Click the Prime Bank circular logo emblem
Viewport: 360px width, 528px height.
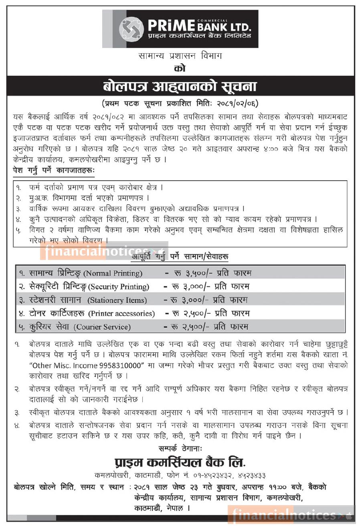coord(131,29)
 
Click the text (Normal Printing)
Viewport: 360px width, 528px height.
coord(113,274)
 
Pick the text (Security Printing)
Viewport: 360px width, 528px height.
coord(119,287)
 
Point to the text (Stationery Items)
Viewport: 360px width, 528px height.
coord(117,300)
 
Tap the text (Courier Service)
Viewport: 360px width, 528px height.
coord(102,327)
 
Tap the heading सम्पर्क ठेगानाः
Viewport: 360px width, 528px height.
coord(180,447)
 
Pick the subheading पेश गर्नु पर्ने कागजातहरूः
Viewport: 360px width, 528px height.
coord(53,170)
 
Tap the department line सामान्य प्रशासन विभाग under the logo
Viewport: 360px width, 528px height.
coord(180,56)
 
